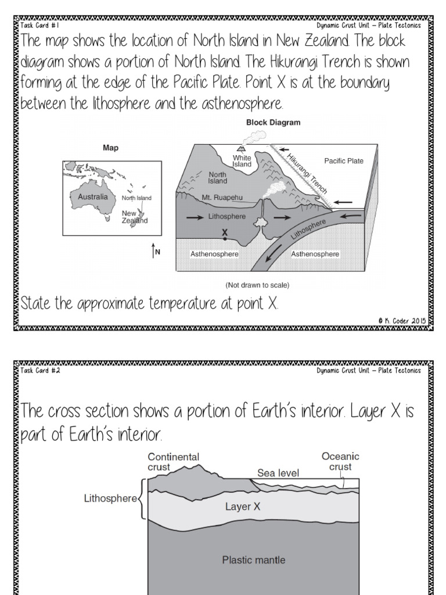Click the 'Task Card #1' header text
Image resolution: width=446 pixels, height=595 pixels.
pyautogui.click(x=39, y=26)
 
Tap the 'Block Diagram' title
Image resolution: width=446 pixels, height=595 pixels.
pyautogui.click(x=273, y=123)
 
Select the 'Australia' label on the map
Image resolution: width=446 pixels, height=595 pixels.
pyautogui.click(x=93, y=197)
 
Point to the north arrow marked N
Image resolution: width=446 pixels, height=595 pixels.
pyautogui.click(x=154, y=251)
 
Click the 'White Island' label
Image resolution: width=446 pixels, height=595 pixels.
pyautogui.click(x=242, y=161)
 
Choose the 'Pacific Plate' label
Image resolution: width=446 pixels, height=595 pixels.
pyautogui.click(x=344, y=161)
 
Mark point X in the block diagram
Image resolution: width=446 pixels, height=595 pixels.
pyautogui.click(x=224, y=237)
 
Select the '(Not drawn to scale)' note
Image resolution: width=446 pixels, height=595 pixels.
pyautogui.click(x=257, y=285)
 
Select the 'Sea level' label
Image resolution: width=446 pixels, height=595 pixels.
pyautogui.click(x=278, y=473)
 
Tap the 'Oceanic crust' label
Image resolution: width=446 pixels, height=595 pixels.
pyautogui.click(x=340, y=461)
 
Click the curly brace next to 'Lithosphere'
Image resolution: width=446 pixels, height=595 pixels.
pyautogui.click(x=141, y=498)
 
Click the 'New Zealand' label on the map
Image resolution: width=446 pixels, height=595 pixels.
pyautogui.click(x=134, y=217)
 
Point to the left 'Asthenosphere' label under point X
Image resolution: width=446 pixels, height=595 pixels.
pyautogui.click(x=214, y=254)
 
